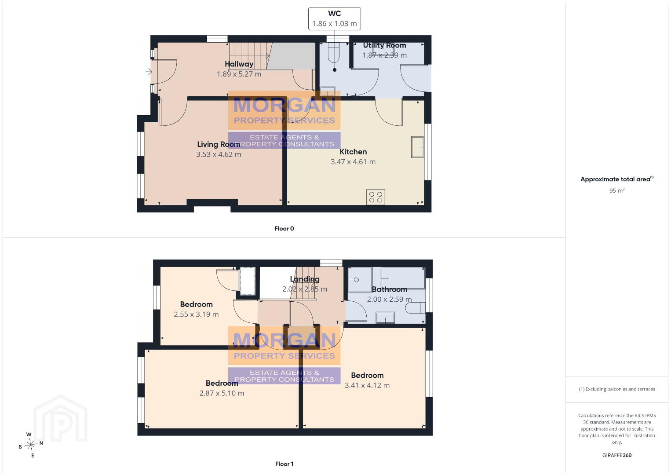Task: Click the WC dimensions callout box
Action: point(334,18)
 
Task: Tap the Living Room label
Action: point(219,144)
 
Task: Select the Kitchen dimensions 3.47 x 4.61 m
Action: point(353,162)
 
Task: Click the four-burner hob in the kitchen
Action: point(376,197)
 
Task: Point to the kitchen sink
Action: point(418,147)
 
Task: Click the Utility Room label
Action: point(384,45)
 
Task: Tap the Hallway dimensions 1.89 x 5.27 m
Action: point(239,74)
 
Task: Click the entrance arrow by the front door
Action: point(149,72)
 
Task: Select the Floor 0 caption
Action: point(284,229)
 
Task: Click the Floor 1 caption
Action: point(284,464)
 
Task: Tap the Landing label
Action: point(305,279)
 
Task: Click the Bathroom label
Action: point(390,289)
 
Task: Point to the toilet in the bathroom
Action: point(416,308)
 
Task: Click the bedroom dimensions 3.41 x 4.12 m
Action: point(367,385)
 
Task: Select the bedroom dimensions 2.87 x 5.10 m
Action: point(222,393)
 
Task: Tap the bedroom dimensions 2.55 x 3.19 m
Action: point(196,314)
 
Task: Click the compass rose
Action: point(31,445)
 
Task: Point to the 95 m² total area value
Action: point(617,190)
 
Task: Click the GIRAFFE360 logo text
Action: point(617,455)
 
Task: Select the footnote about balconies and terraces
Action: point(617,389)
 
